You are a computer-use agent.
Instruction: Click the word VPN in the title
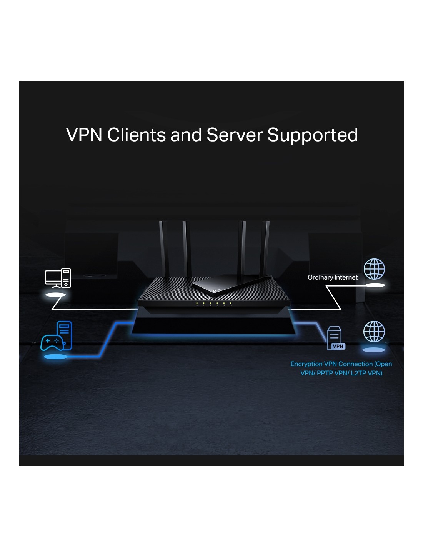click(84, 135)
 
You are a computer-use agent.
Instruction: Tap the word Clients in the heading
click(136, 135)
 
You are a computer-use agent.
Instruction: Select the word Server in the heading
click(234, 135)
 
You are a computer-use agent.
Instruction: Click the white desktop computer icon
click(58, 278)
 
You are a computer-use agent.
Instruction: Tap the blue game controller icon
click(52, 342)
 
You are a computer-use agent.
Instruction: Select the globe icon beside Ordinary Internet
click(374, 269)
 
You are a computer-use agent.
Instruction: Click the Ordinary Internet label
click(333, 277)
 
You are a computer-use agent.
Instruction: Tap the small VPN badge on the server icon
click(338, 346)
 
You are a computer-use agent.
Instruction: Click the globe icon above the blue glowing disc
click(374, 332)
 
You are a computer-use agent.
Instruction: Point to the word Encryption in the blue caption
click(306, 364)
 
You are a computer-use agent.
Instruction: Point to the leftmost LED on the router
click(197, 304)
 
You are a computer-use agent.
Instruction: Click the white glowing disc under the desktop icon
click(56, 295)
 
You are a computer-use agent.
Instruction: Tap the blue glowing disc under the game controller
click(56, 357)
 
